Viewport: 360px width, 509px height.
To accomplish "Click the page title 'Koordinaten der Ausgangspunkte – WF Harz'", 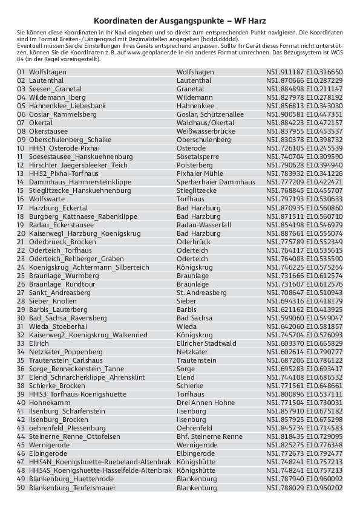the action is pyautogui.click(x=180, y=20).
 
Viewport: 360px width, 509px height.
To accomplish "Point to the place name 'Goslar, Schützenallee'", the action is pyautogui.click(x=210, y=114).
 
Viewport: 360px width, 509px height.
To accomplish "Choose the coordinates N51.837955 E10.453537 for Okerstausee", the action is pyautogui.click(x=304, y=131).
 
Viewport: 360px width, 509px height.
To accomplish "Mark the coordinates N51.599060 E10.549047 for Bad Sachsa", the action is pyautogui.click(x=304, y=317).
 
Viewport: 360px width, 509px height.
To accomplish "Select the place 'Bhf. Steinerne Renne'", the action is pyautogui.click(x=209, y=436).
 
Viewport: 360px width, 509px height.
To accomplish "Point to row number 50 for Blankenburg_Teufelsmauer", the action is pyautogui.click(x=21, y=487).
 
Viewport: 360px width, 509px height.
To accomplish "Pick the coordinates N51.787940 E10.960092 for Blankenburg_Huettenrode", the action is pyautogui.click(x=304, y=479).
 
